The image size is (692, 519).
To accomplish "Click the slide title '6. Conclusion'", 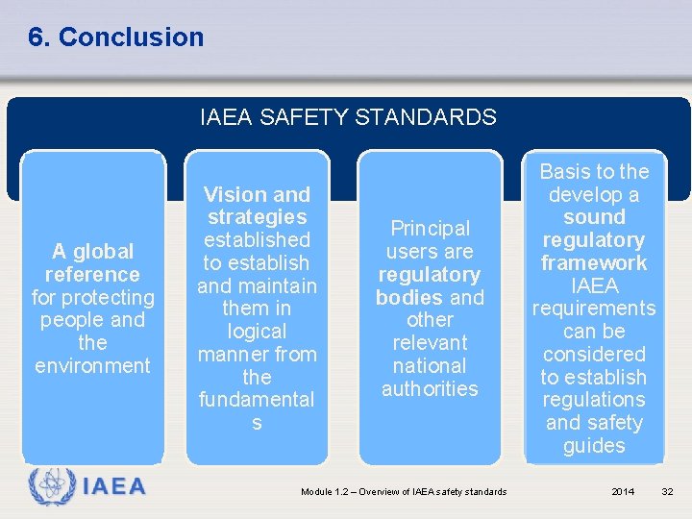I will (x=115, y=37).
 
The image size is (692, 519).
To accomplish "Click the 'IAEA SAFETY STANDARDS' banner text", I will (x=348, y=118).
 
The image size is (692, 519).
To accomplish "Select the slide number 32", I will (x=668, y=492).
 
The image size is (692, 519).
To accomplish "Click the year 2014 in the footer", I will (x=623, y=492).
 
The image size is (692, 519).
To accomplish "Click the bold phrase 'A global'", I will (x=93, y=252).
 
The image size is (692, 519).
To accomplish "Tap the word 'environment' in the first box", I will (x=93, y=366).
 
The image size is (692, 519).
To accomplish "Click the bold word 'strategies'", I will (x=257, y=217).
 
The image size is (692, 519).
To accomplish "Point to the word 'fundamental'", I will (x=257, y=400).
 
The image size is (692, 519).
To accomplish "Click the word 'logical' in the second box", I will (x=257, y=332).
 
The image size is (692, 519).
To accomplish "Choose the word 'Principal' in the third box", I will (x=430, y=229).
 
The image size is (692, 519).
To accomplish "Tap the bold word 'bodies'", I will (x=409, y=297).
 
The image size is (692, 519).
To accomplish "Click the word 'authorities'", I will (x=430, y=388).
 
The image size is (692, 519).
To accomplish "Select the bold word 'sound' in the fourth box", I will (x=594, y=217).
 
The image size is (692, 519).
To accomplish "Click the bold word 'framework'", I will (x=594, y=263).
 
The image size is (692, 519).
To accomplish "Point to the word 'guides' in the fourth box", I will (x=594, y=446).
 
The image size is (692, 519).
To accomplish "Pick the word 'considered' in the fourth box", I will (x=594, y=355).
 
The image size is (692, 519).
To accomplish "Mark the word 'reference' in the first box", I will (x=93, y=275).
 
